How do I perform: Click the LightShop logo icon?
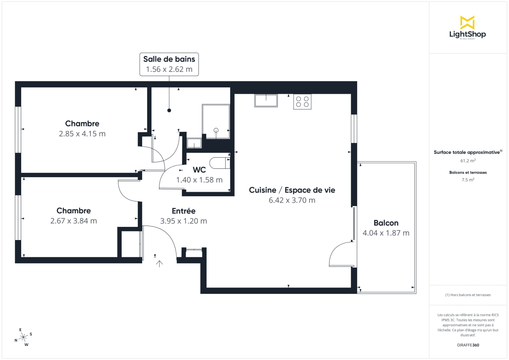(x=467, y=22)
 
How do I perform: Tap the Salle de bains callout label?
(x=169, y=64)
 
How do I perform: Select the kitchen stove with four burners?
(x=302, y=102)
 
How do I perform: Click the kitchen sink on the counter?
(x=266, y=100)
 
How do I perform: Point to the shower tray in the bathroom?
(x=216, y=121)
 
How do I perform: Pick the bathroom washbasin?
(x=194, y=143)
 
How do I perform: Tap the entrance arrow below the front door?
(x=159, y=264)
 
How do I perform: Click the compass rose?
(x=23, y=337)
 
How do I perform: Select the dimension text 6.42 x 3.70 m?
(x=292, y=201)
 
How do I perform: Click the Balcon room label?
(x=386, y=223)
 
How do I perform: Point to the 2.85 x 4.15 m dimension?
(x=82, y=134)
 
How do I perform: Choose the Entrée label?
(x=183, y=211)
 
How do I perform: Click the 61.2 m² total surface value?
(x=467, y=161)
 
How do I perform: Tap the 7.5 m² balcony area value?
(x=467, y=180)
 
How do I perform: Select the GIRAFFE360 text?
(x=467, y=345)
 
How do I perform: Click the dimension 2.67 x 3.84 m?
(x=74, y=221)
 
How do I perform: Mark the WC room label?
(x=199, y=170)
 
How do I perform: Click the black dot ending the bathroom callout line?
(x=169, y=111)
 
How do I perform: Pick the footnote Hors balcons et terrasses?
(x=467, y=295)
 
